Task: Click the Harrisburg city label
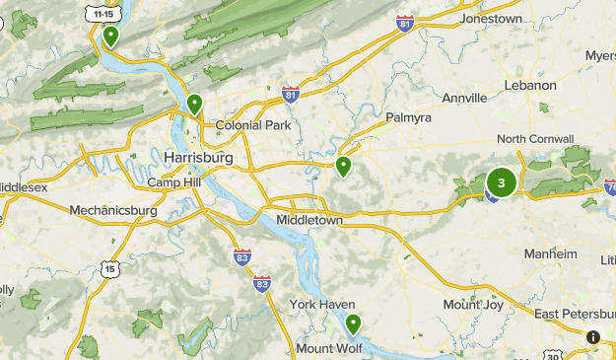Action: [x=199, y=158]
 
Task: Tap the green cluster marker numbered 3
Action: [x=502, y=182]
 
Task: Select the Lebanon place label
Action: [x=530, y=86]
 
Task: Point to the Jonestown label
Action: [x=490, y=19]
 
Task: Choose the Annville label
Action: [x=464, y=99]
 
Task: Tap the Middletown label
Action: [x=309, y=220]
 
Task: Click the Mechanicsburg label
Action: [x=113, y=210]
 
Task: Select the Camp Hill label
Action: [x=173, y=183]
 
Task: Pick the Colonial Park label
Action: [x=252, y=125]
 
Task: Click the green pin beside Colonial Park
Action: [x=195, y=104]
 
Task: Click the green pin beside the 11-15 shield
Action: [x=110, y=36]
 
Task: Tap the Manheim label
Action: [x=550, y=253]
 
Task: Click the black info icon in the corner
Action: [x=592, y=337]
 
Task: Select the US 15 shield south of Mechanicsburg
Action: [x=108, y=268]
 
